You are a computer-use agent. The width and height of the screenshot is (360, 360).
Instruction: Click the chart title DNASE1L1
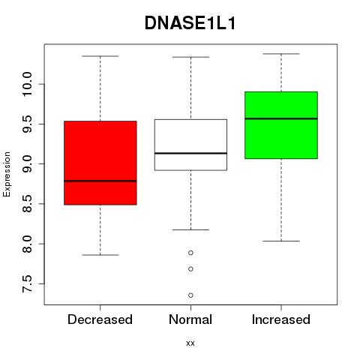(x=190, y=23)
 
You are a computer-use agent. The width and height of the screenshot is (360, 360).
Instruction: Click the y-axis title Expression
(x=7, y=174)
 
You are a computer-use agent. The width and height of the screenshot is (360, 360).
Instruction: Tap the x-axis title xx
(x=190, y=343)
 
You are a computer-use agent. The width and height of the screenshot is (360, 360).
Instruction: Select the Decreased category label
(x=100, y=319)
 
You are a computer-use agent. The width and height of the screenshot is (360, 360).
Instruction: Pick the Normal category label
(x=190, y=319)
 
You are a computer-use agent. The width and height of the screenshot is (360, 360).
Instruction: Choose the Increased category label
(x=281, y=319)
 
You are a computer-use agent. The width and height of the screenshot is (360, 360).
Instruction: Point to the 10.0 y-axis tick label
(x=27, y=84)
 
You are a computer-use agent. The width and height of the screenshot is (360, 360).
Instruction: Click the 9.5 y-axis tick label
(x=27, y=124)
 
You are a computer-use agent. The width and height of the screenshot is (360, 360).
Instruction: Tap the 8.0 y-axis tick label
(x=27, y=244)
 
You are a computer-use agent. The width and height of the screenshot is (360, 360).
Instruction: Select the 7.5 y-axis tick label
(x=27, y=283)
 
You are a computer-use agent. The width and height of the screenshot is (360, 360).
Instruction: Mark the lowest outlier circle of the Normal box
(x=190, y=295)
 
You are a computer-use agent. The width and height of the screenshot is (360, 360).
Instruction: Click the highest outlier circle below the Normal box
(x=190, y=253)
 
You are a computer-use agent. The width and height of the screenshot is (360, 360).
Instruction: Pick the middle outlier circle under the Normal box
(x=190, y=269)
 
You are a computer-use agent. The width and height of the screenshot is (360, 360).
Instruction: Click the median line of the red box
(x=100, y=181)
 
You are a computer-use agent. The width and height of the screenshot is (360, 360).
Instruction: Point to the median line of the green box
(x=281, y=118)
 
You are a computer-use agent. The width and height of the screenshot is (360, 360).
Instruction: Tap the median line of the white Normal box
(x=190, y=153)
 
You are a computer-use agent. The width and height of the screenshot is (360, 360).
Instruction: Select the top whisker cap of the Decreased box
(x=100, y=56)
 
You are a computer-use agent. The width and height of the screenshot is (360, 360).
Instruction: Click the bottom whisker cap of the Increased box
(x=281, y=241)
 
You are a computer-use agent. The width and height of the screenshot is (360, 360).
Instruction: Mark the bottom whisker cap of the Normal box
(x=190, y=229)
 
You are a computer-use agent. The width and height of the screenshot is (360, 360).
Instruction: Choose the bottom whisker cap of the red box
(x=100, y=255)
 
